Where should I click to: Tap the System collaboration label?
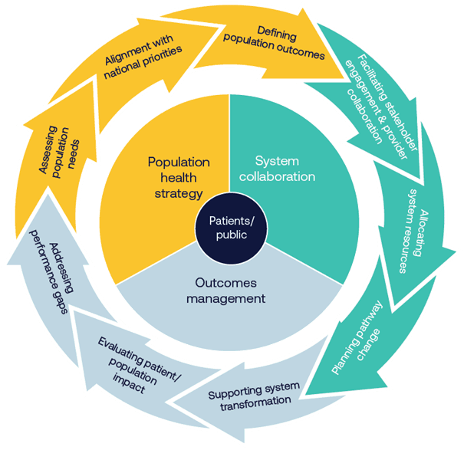(285, 169)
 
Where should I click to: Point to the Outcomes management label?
(229, 291)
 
